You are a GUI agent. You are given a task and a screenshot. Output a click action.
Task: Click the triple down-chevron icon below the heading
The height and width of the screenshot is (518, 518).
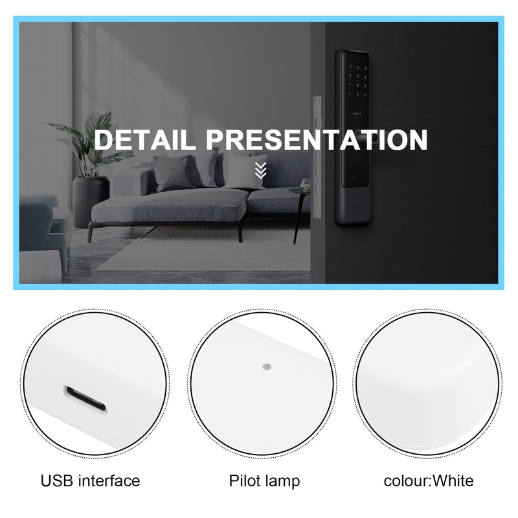260,170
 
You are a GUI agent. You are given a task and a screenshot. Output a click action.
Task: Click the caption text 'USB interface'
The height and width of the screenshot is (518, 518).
90,480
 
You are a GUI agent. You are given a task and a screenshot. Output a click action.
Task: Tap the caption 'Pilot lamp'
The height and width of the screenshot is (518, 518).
264,480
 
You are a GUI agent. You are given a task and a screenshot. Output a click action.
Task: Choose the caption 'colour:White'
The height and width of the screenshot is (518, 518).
428,480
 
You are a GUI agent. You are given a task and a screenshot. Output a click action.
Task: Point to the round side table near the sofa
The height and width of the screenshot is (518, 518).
298,194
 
